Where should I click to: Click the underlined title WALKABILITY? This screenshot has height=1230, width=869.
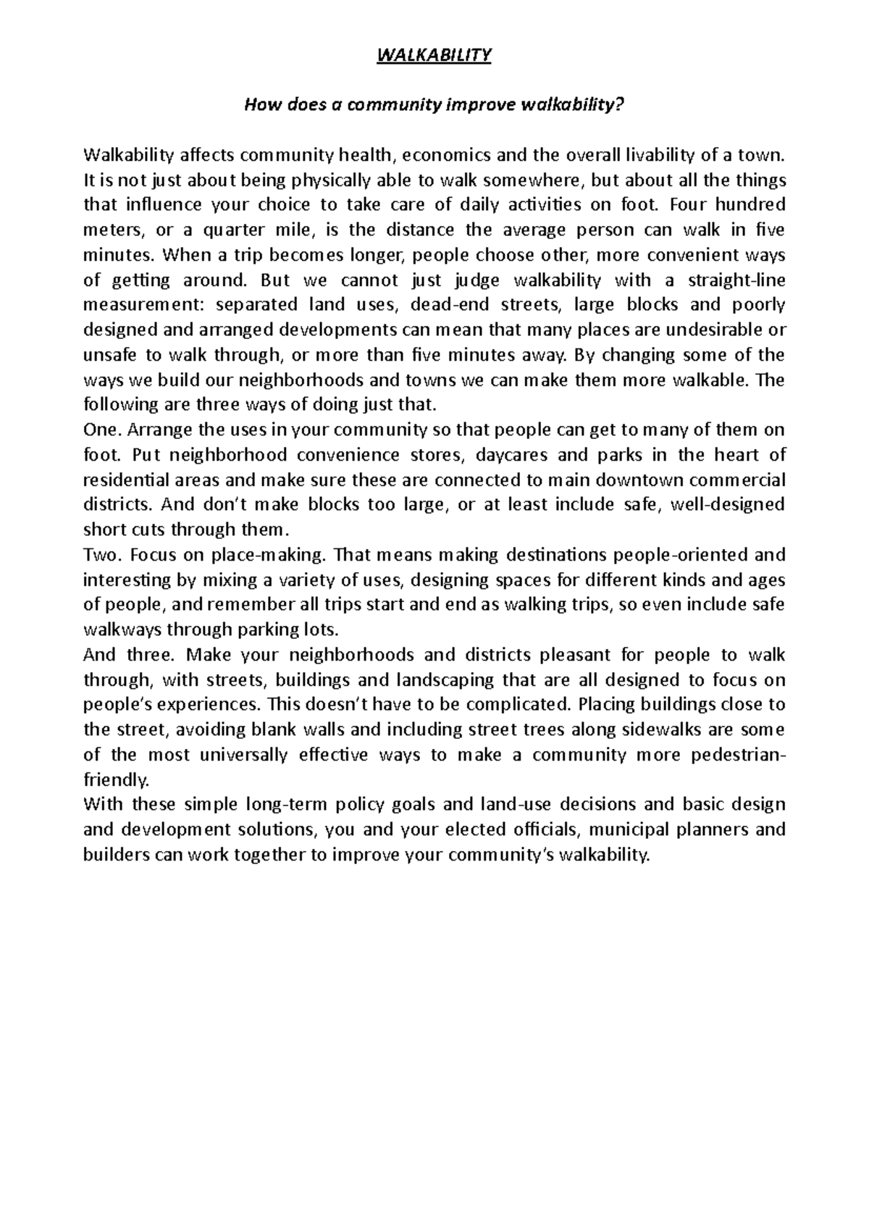tap(434, 56)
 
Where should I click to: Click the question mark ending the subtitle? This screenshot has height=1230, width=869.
tap(619, 106)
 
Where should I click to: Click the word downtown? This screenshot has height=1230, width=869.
tap(642, 480)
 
